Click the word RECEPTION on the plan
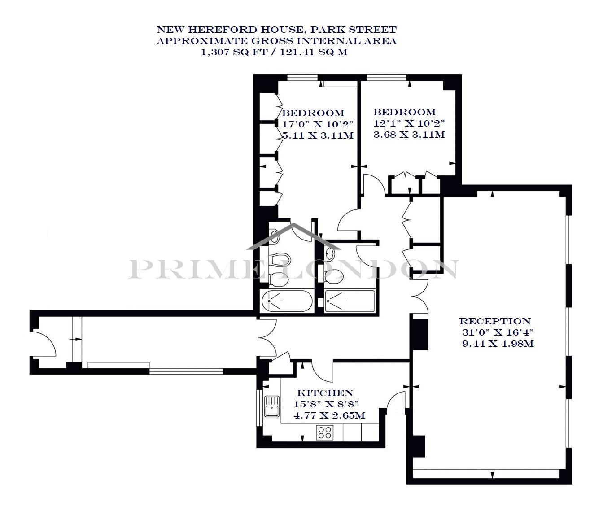(x=495, y=321)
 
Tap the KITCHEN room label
(x=325, y=393)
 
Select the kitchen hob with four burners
(x=325, y=433)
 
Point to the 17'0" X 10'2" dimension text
(x=317, y=124)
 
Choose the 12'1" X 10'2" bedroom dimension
(x=409, y=123)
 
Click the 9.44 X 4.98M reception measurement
(x=498, y=344)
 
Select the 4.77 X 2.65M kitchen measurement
(x=329, y=415)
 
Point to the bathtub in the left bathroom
(x=287, y=301)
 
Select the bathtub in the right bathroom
(x=350, y=301)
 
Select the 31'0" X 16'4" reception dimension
(x=498, y=332)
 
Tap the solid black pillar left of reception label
(x=419, y=335)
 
